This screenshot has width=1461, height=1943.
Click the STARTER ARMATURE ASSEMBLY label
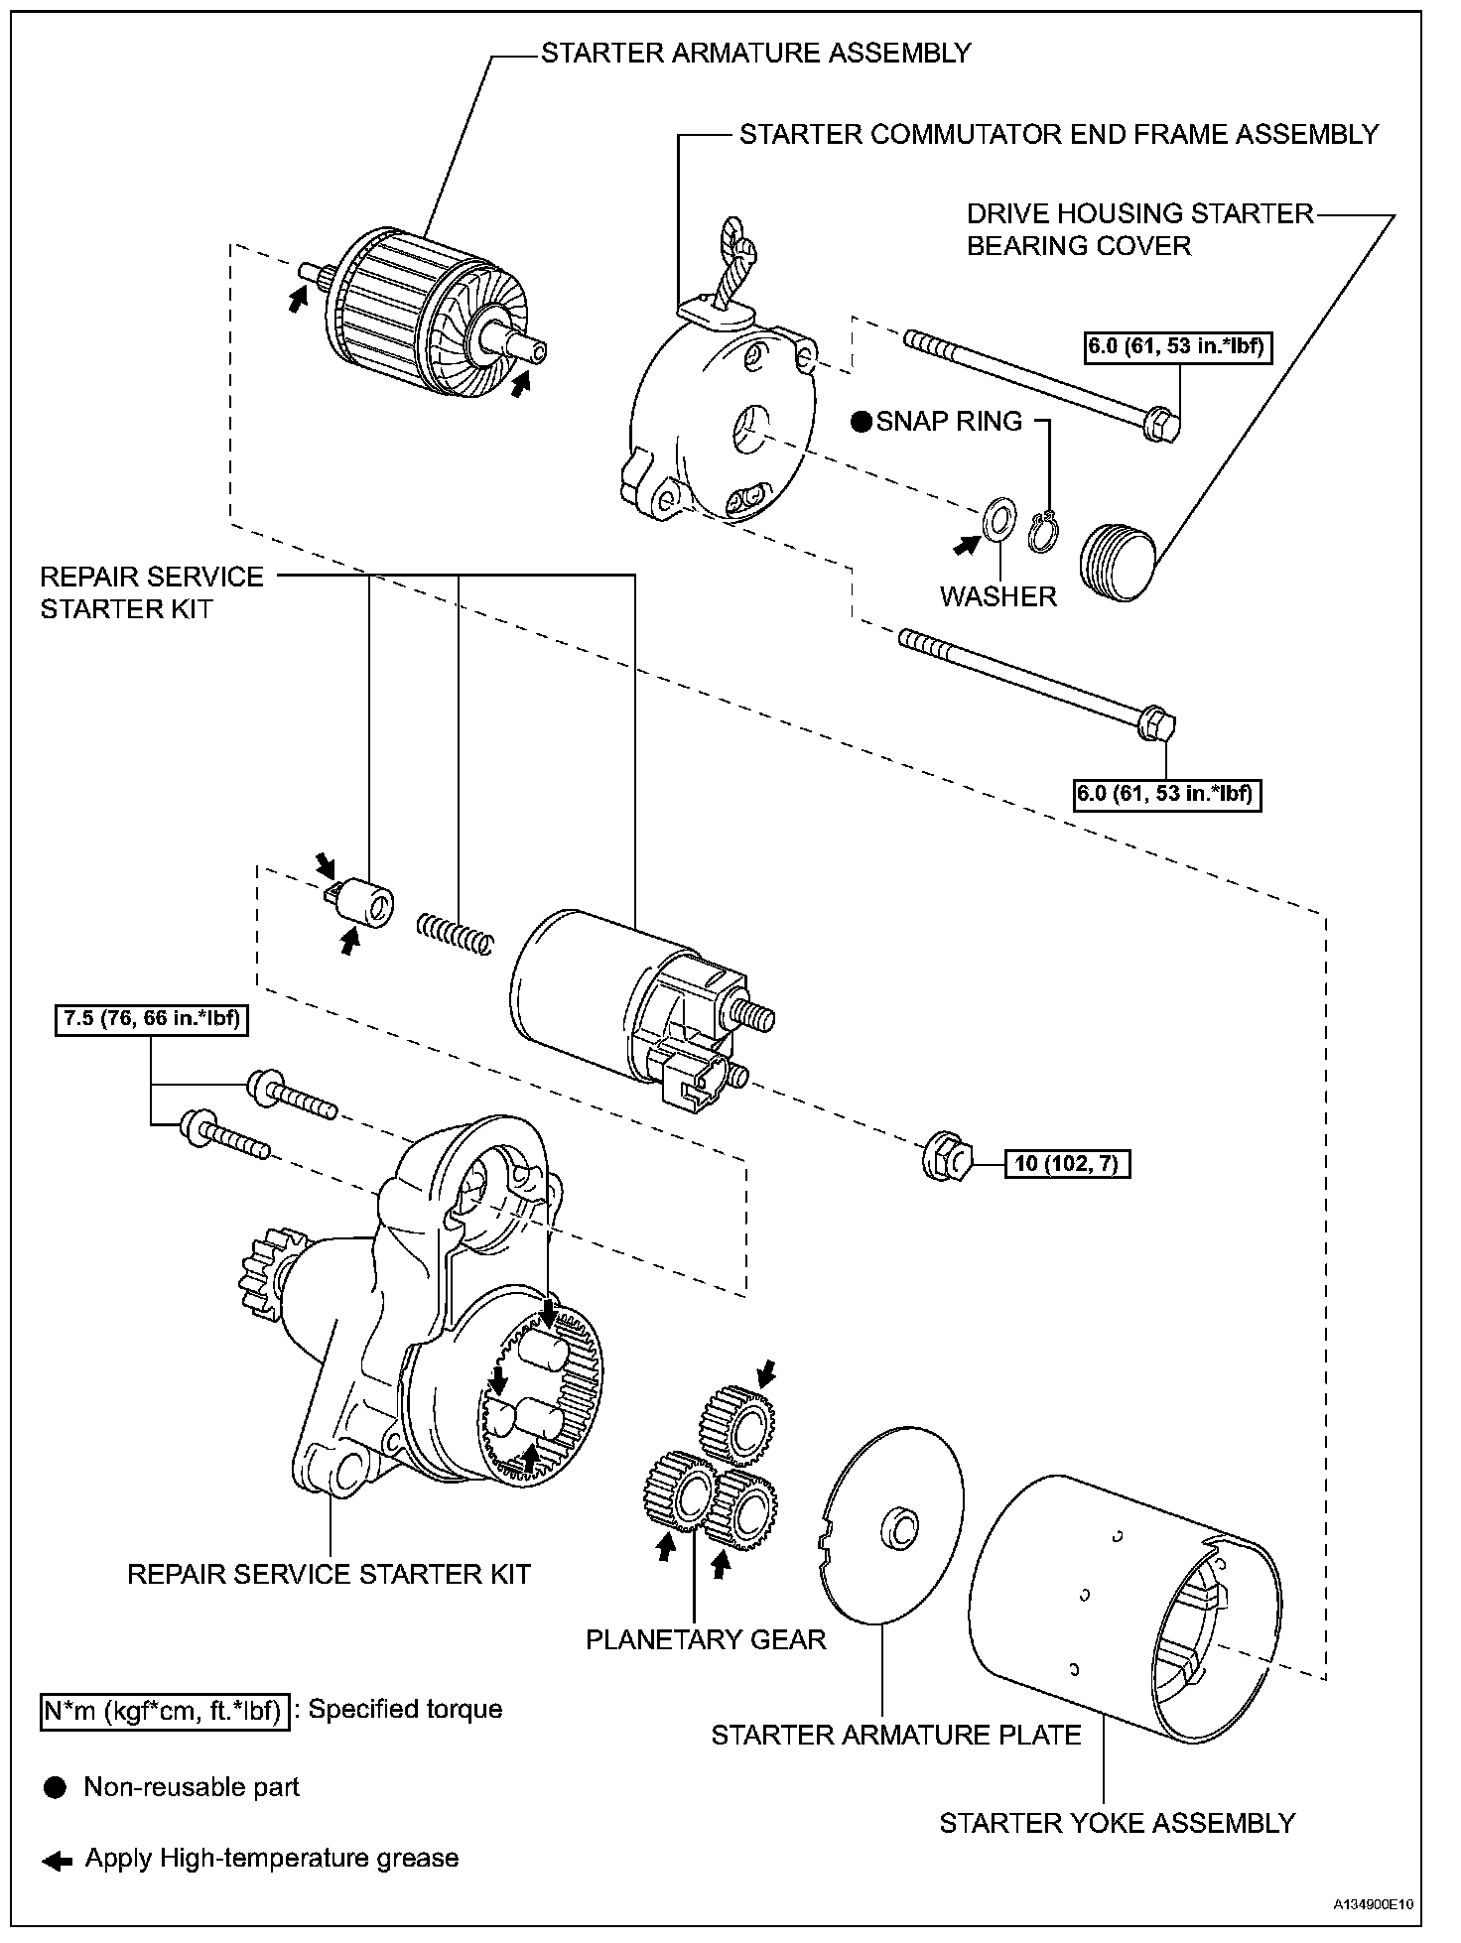(x=755, y=53)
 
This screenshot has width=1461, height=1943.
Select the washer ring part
(x=997, y=521)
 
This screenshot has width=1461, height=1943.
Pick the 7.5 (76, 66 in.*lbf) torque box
(x=151, y=1018)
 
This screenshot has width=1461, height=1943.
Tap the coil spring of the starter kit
(x=454, y=933)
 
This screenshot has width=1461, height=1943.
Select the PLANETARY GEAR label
(x=706, y=1638)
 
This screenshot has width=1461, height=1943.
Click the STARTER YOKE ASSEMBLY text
(x=1117, y=1823)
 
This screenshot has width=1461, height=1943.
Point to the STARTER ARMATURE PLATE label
(x=895, y=1735)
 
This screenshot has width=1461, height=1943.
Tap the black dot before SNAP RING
(x=862, y=422)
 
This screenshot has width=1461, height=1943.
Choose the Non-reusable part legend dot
(x=56, y=1787)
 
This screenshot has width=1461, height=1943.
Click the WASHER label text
(x=997, y=596)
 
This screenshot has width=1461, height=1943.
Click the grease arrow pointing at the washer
(x=965, y=544)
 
